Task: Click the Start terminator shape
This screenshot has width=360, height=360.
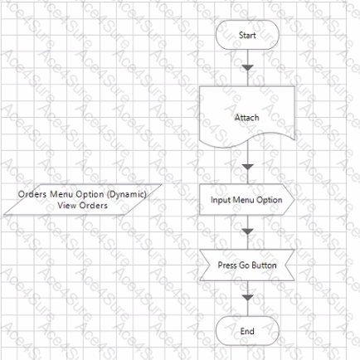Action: coord(247,35)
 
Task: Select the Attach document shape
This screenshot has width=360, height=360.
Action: coord(247,116)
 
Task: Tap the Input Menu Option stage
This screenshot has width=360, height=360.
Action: coord(247,200)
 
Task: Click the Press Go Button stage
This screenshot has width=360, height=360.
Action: coord(247,265)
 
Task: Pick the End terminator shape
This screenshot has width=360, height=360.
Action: coord(247,331)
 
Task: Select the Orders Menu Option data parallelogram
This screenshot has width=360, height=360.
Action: coord(82,200)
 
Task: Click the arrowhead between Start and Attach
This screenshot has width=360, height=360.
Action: coord(247,68)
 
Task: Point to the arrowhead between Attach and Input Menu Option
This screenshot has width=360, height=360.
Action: coord(247,167)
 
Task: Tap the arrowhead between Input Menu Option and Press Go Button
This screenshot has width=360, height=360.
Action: coord(247,231)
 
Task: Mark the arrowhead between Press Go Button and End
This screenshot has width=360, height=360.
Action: coord(247,298)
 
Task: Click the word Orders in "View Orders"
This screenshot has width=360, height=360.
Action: coord(94,206)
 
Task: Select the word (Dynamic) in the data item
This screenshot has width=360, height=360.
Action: coord(127,194)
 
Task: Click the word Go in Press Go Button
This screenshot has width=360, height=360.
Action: coord(244,265)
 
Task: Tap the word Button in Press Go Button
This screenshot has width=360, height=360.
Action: coord(264,265)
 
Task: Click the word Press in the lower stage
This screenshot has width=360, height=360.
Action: coord(227,265)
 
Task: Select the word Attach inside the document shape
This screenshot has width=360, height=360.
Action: coord(247,118)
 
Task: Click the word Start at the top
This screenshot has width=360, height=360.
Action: coord(247,35)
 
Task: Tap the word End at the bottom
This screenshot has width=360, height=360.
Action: coord(247,331)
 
